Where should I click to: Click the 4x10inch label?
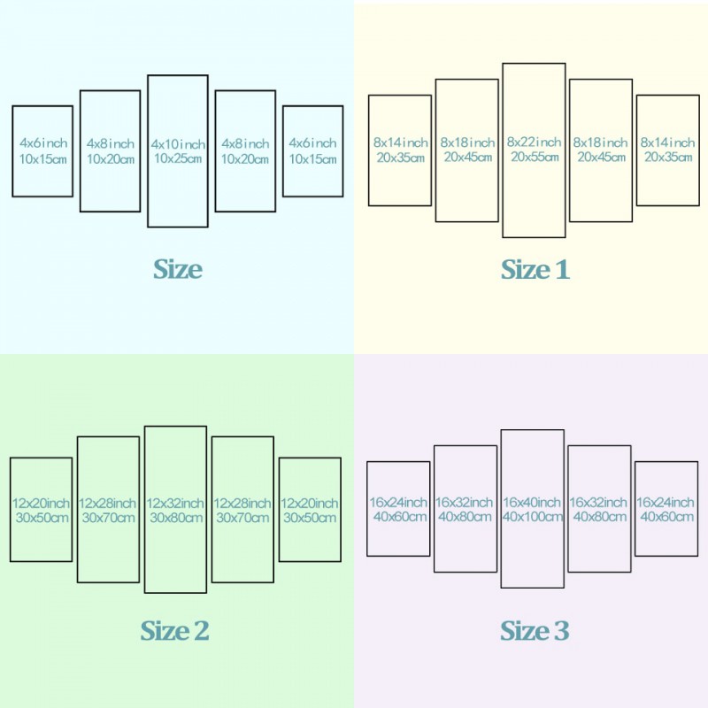tap(178, 144)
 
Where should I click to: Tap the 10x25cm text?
tap(178, 158)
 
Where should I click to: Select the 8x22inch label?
tap(534, 142)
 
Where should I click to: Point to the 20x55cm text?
tap(535, 157)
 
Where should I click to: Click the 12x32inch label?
tap(175, 503)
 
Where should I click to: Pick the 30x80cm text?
tap(176, 518)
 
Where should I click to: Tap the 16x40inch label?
tap(532, 502)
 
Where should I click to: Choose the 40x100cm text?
tap(533, 517)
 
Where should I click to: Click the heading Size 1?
tap(535, 270)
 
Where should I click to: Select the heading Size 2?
tap(174, 630)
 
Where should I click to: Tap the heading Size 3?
tap(535, 630)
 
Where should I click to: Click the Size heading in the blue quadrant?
tap(178, 269)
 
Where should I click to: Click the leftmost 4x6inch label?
tap(43, 143)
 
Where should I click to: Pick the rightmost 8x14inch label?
tap(667, 142)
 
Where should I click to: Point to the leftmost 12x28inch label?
tap(107, 503)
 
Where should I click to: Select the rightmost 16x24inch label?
tap(666, 502)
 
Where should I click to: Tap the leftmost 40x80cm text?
tap(466, 517)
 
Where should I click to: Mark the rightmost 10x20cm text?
tap(245, 159)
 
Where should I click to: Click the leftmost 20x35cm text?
tap(401, 158)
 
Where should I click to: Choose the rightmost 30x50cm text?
tap(310, 518)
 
